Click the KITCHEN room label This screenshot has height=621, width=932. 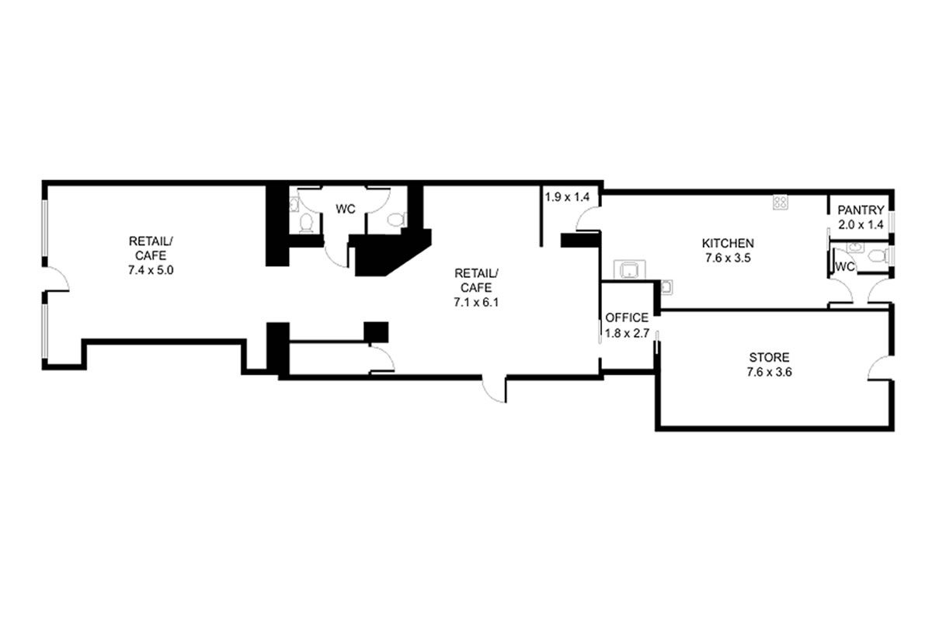[x=728, y=243]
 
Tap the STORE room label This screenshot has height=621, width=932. [x=769, y=357]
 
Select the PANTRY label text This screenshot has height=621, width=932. [x=861, y=210]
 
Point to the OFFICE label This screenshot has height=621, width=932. [x=627, y=317]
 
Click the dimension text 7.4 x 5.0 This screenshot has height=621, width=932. [x=151, y=270]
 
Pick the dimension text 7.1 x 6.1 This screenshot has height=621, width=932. [x=476, y=303]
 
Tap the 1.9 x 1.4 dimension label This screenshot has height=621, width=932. [x=567, y=197]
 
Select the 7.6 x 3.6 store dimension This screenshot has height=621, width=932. [x=769, y=372]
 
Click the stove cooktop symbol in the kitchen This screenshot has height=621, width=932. [x=781, y=203]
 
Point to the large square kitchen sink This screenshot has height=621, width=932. [x=630, y=269]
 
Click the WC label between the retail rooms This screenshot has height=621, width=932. [x=346, y=210]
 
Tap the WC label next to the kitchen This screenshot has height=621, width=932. [x=845, y=266]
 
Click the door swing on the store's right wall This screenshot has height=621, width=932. [x=880, y=368]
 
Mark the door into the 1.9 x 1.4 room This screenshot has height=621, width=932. [x=588, y=219]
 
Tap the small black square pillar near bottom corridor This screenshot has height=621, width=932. [x=376, y=332]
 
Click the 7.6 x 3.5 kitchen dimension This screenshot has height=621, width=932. [x=728, y=258]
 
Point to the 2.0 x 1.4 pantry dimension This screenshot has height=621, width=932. [x=861, y=224]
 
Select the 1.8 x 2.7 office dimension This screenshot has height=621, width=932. [x=627, y=333]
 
